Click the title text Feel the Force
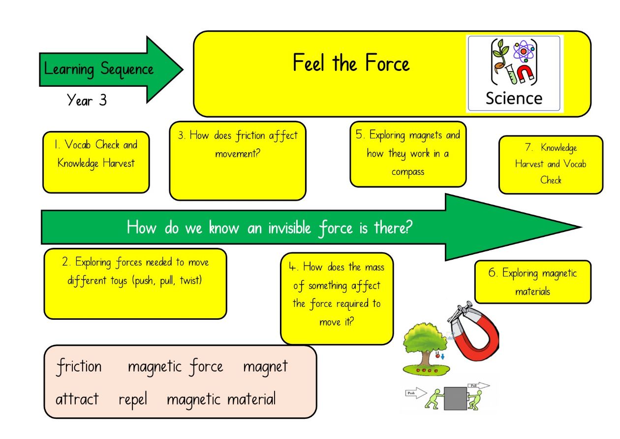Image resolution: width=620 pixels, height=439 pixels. click(351, 63)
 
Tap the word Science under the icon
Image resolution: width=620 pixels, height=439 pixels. click(514, 99)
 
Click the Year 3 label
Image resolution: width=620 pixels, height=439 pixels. click(87, 100)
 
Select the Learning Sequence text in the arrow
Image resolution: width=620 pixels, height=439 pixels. click(98, 69)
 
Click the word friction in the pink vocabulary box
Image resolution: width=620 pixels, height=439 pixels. click(79, 367)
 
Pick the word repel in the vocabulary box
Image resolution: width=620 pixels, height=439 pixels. click(133, 400)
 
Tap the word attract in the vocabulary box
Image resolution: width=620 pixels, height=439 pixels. click(77, 399)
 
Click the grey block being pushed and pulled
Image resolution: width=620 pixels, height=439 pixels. click(455, 399)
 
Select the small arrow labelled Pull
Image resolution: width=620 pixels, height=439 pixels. click(479, 385)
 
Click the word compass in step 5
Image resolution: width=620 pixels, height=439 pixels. click(408, 172)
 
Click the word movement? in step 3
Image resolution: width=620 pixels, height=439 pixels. click(238, 153)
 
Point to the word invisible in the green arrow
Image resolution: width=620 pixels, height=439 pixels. click(289, 228)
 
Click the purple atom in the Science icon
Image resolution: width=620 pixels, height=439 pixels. click(524, 51)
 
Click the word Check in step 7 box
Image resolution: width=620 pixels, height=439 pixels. click(551, 180)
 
